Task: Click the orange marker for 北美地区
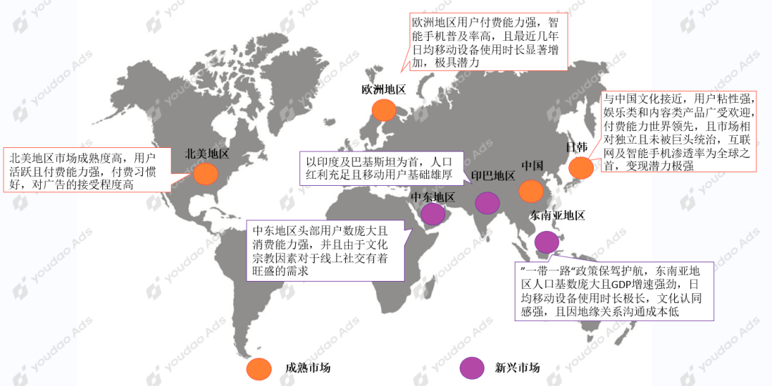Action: [x=206, y=174]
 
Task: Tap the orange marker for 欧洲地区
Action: [x=384, y=109]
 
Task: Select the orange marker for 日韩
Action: [x=580, y=167]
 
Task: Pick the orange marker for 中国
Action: [x=531, y=191]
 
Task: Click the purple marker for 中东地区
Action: [x=432, y=214]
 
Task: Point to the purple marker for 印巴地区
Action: [x=488, y=203]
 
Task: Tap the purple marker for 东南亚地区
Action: [x=547, y=242]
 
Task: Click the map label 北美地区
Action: [x=207, y=154]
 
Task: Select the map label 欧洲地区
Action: [x=384, y=89]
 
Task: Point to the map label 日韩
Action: [x=577, y=147]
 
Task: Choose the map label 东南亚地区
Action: [x=558, y=215]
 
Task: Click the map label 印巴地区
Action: [x=493, y=177]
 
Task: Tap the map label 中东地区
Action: [x=432, y=197]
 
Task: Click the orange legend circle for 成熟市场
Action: [x=258, y=368]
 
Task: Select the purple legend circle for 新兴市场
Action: [x=472, y=368]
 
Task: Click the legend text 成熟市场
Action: [x=308, y=368]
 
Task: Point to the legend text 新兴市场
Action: [x=518, y=368]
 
